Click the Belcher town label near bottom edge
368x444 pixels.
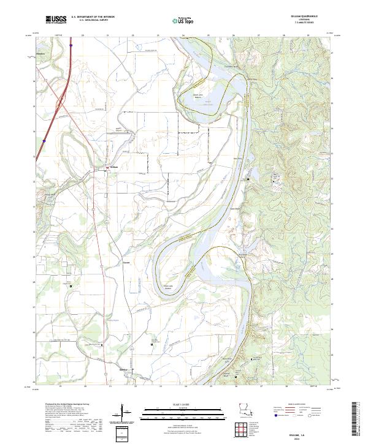123,370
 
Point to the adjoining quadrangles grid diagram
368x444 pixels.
243,429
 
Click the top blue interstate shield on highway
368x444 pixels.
71,45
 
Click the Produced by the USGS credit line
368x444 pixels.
63,405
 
